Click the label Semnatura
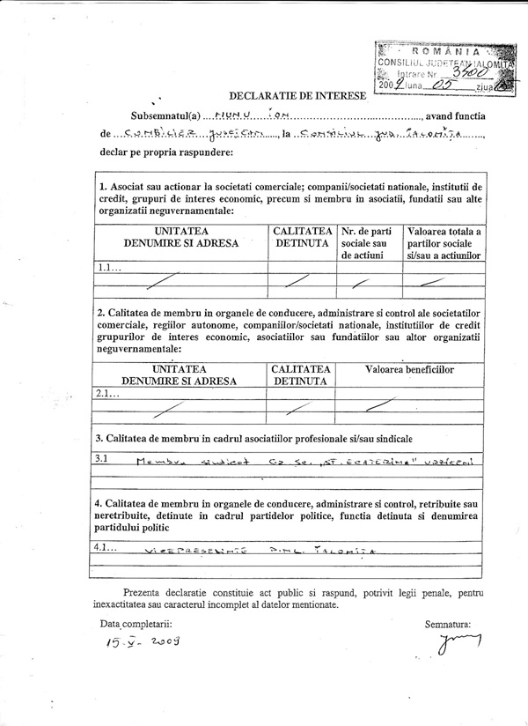(x=447, y=624)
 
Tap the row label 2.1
(x=107, y=395)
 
